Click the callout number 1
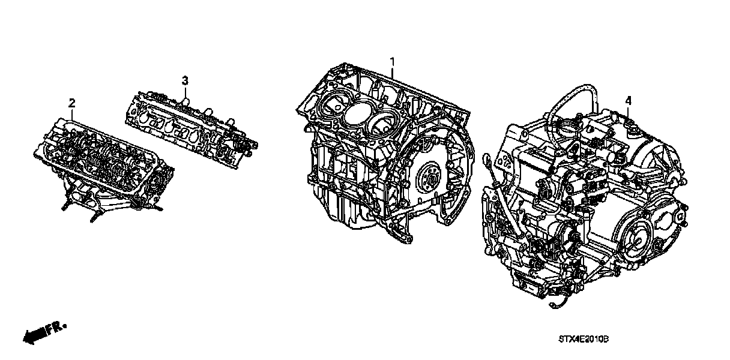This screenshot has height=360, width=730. click(393, 62)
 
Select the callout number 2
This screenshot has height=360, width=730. click(72, 103)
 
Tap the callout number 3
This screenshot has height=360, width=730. click(185, 80)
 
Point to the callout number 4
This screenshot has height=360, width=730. click(629, 101)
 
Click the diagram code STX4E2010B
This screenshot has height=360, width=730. click(584, 339)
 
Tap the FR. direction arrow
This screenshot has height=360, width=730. click(44, 332)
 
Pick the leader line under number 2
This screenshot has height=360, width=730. click(72, 115)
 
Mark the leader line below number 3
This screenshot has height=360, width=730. click(185, 92)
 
